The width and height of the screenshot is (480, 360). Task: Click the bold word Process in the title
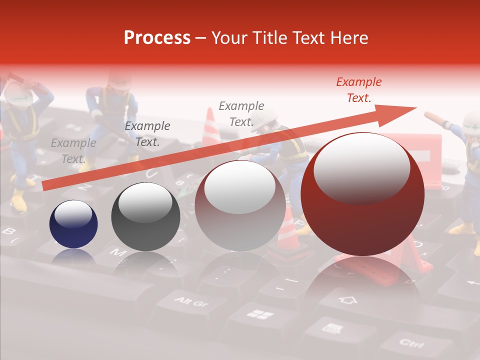click(x=157, y=37)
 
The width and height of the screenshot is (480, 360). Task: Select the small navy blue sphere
click(x=73, y=224)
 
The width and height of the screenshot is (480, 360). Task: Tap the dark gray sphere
click(x=145, y=216)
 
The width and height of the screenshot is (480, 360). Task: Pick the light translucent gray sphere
click(x=240, y=205)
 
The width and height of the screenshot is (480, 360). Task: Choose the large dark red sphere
click(x=362, y=194)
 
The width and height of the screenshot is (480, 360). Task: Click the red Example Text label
click(x=358, y=90)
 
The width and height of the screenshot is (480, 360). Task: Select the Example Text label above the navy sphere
click(x=73, y=151)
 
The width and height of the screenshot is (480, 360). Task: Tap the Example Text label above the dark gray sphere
click(x=147, y=134)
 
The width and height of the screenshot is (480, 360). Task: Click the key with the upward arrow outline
click(x=348, y=300)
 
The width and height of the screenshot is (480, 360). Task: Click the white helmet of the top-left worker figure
click(x=18, y=92)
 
